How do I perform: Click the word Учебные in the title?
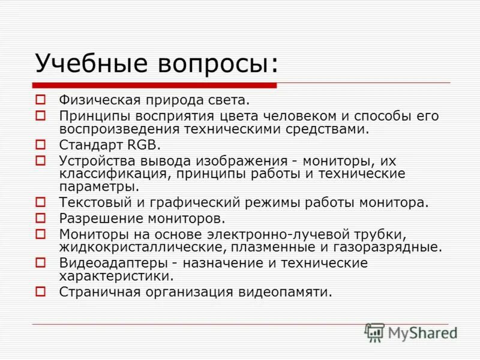pyautogui.click(x=84, y=63)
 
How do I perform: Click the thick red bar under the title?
pyautogui.click(x=156, y=84)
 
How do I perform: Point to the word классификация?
pyautogui.click(x=107, y=174)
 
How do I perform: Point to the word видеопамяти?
pyautogui.click(x=287, y=292)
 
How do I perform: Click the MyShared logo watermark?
pyautogui.click(x=412, y=332)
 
